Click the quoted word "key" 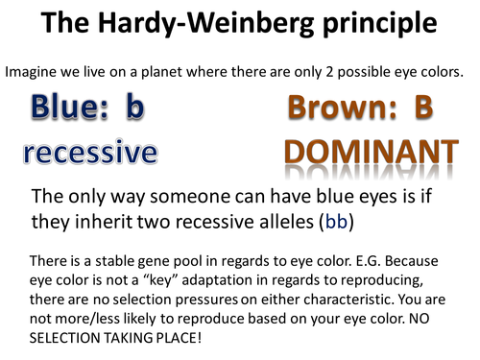pos(168,279)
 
